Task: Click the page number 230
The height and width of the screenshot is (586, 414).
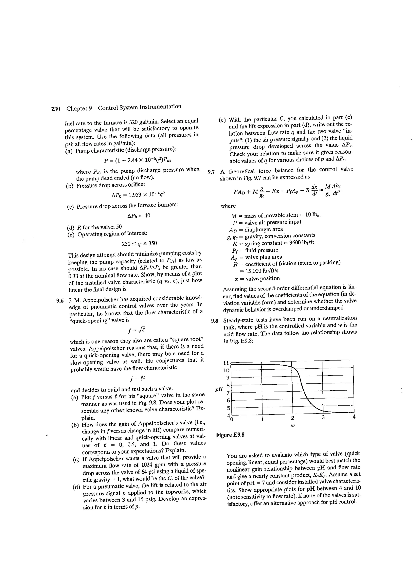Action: [55, 109]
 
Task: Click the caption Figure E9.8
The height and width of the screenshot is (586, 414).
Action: [230, 435]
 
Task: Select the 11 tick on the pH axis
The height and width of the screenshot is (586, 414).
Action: [226, 363]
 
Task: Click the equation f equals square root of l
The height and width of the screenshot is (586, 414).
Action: [137, 331]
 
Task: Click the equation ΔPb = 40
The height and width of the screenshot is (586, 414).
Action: [139, 216]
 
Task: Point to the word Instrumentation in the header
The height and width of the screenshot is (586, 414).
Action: [161, 107]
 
